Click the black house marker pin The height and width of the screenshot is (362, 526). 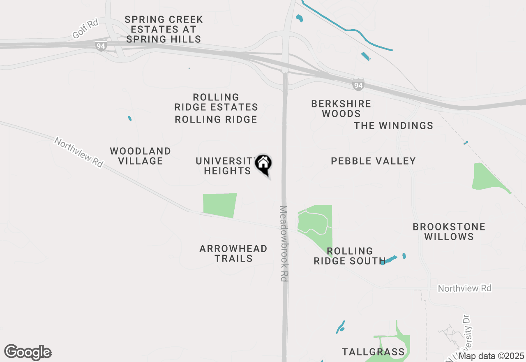pos(263,164)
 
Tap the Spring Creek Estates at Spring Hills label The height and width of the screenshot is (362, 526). pos(164,30)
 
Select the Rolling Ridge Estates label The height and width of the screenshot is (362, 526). pos(216,102)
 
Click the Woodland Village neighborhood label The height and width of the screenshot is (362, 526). pos(141,156)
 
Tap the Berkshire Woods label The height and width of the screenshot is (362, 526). pos(341,109)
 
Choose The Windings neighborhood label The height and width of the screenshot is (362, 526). pos(393,125)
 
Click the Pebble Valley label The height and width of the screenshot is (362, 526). pos(373,161)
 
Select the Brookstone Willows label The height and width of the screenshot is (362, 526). pos(449,232)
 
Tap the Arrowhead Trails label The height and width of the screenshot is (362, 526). pos(233,253)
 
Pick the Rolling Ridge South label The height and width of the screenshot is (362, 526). pos(349,256)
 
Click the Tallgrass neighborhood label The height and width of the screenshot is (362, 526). pos(373,352)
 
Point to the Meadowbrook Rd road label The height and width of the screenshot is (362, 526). pos(283,244)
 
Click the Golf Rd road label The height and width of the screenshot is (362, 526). pos(85,29)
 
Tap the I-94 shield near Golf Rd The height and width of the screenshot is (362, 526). pos(101,46)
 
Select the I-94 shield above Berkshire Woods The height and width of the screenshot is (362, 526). pos(358,85)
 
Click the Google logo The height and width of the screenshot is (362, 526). pos(28,353)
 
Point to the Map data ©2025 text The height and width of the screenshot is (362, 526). pos(491,356)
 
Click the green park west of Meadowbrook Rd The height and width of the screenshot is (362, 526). pos(220,205)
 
